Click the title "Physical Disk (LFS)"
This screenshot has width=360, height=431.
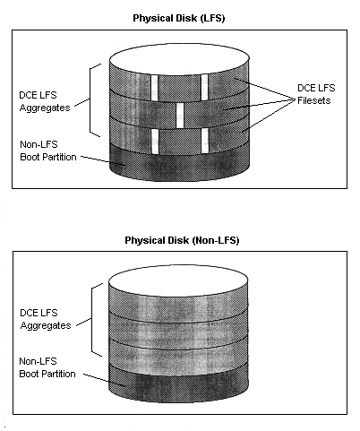point(179,18)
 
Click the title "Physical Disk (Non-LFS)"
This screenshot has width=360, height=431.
point(182,240)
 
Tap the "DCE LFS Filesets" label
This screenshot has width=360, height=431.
point(316,94)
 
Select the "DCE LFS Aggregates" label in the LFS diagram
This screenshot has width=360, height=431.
point(45,101)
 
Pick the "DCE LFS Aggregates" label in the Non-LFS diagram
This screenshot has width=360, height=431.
point(46,319)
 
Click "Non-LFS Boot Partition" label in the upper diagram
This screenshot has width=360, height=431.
point(48,151)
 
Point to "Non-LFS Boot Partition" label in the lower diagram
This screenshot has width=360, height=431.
point(47,367)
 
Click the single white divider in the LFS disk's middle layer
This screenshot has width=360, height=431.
point(180,116)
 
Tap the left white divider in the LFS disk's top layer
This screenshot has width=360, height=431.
point(154,88)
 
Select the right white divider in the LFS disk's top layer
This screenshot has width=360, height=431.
point(204,87)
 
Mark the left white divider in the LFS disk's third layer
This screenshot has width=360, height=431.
point(155,142)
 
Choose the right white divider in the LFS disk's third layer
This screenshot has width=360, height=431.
point(205,141)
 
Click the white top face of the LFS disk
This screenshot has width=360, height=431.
point(179,59)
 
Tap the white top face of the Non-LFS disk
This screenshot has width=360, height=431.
point(178,280)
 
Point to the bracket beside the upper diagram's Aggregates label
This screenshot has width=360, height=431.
point(90,100)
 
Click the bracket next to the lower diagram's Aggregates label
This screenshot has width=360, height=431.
point(91,320)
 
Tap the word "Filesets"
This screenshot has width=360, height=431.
point(313,100)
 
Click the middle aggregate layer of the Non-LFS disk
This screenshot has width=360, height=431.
point(178,331)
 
